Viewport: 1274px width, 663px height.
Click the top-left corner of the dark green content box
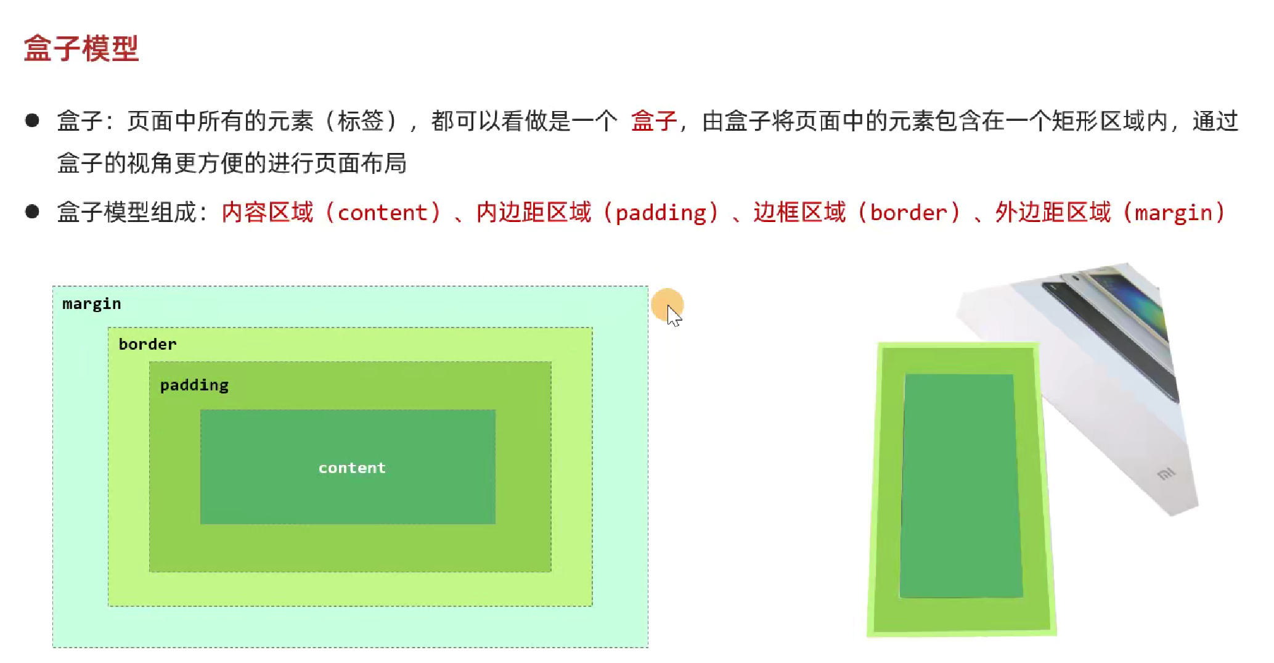click(201, 410)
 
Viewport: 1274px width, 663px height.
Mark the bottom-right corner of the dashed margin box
click(648, 647)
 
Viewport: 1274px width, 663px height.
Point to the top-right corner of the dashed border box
click(592, 328)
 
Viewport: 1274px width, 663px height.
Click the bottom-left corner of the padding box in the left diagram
click(150, 572)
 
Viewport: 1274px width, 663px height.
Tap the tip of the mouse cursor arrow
click(668, 305)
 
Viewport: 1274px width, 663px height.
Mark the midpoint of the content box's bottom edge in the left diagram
click(348, 524)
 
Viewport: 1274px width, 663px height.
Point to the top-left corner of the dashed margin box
click(53, 286)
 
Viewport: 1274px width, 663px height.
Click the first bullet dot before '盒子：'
click(32, 120)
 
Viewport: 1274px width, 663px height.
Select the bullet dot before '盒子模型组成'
click(32, 212)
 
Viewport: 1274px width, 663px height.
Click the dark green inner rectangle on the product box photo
click(959, 486)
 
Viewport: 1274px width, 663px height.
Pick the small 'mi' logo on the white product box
click(1166, 474)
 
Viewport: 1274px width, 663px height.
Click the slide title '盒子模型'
click(81, 48)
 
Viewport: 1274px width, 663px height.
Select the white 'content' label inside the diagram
click(352, 468)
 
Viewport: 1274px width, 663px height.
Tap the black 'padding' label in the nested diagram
click(194, 385)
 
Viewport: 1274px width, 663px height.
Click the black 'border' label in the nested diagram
click(147, 344)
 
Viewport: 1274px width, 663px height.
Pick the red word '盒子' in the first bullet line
click(654, 121)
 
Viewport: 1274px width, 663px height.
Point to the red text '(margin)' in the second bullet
click(1174, 213)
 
